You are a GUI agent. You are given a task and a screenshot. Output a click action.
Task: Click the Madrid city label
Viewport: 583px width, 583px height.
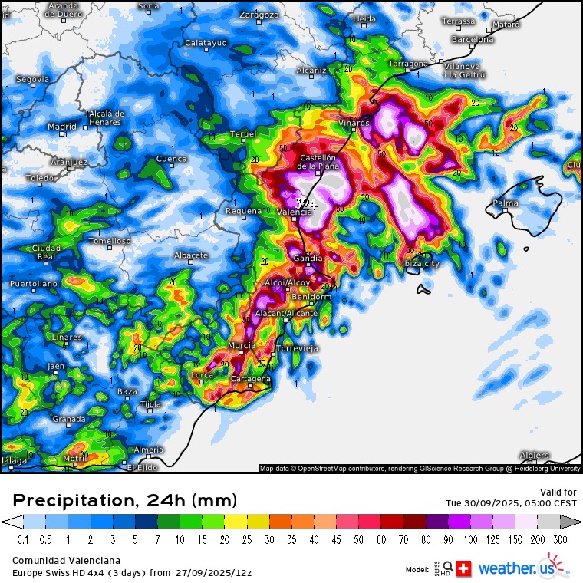coord(62,127)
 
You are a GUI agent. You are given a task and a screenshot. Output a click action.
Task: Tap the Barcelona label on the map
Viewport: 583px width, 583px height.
coord(473,39)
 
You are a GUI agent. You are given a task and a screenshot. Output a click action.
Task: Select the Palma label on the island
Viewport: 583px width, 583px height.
coord(506,204)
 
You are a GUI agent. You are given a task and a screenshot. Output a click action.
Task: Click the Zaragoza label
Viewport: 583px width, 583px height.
coord(259,15)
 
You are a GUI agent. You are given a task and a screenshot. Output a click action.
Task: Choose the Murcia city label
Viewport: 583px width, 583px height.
coord(242,345)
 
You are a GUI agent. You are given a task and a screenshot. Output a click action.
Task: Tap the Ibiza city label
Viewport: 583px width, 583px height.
coord(420,263)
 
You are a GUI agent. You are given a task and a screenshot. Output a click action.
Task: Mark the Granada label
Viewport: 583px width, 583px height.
coord(69,419)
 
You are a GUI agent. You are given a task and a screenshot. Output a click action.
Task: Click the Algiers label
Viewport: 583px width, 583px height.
coord(534,455)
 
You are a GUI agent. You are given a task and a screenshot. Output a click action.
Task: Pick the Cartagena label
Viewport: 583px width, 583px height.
coord(252,379)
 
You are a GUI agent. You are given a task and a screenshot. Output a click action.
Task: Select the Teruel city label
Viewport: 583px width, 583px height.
coord(243,134)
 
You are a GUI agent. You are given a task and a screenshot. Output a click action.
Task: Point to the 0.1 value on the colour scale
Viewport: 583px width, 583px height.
coord(23,539)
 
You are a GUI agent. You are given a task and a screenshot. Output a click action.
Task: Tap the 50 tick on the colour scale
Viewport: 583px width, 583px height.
coord(360,539)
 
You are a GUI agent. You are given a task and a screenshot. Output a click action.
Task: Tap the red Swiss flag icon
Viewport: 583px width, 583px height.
coord(464,568)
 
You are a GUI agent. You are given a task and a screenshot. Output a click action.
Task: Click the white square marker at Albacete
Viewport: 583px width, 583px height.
coord(191,263)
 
